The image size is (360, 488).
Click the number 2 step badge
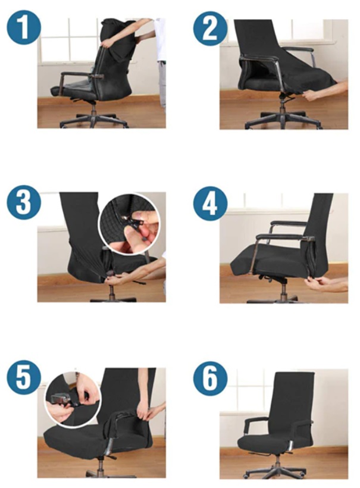point(210,29)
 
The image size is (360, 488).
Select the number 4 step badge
point(210,204)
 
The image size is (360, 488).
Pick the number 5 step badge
point(24,377)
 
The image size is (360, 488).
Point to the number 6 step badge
point(210,378)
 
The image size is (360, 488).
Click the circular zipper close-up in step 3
point(130,224)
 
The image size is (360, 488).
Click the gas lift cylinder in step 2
point(283,104)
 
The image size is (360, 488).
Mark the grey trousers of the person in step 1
point(162,83)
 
